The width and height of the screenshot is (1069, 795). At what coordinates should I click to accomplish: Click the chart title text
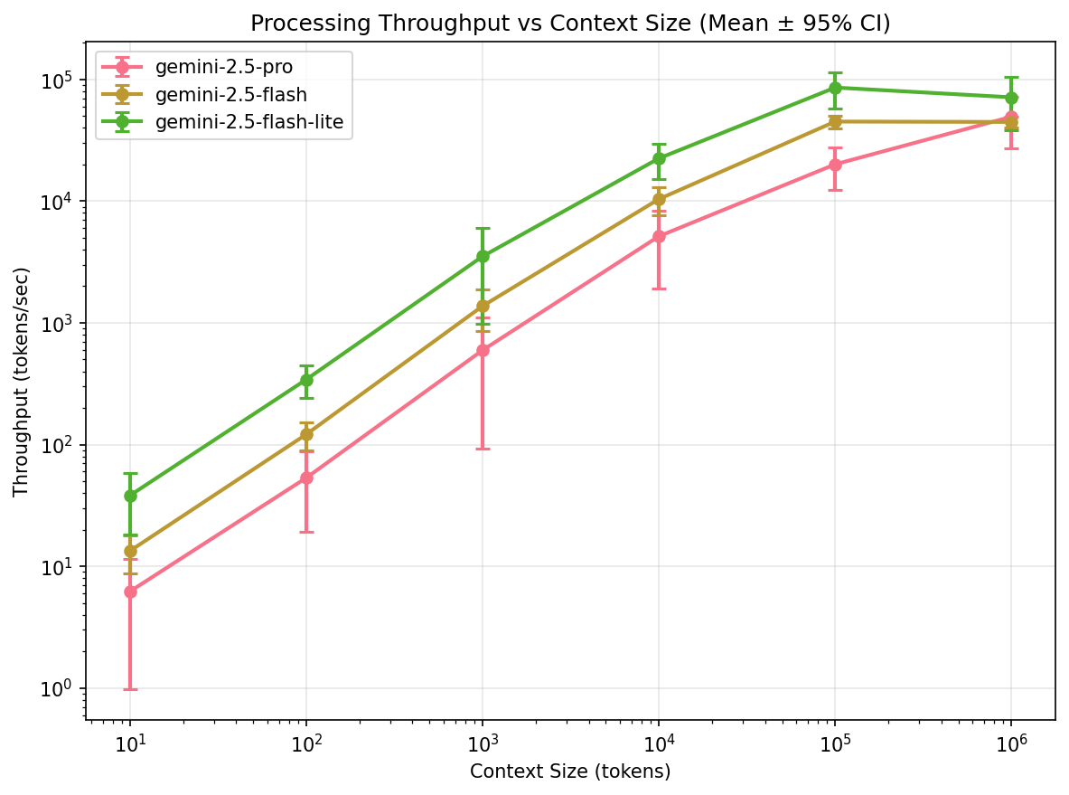[570, 24]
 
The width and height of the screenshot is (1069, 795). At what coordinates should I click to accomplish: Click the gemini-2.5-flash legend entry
[230, 95]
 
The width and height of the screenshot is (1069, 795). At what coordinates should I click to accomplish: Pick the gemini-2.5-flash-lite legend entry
[248, 122]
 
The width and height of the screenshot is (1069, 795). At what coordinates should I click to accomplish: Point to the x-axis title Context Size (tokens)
[570, 771]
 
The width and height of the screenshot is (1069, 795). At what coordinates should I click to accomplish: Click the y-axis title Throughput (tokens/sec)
[21, 381]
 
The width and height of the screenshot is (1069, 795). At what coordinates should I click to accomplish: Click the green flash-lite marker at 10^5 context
[835, 88]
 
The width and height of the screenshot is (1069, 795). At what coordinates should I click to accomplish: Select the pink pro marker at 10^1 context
[130, 592]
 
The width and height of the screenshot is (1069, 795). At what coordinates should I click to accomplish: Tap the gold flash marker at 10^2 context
[306, 435]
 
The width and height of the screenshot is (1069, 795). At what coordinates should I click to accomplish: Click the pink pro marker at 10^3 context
[483, 350]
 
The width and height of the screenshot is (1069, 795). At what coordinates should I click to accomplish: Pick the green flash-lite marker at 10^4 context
[659, 158]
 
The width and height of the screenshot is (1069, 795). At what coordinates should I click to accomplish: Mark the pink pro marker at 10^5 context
[835, 165]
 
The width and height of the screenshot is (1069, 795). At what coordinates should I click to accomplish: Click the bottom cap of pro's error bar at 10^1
[130, 689]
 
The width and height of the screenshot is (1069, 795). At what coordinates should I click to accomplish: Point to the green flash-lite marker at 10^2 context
[306, 380]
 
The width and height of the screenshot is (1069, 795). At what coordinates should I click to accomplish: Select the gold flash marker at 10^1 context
[130, 551]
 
